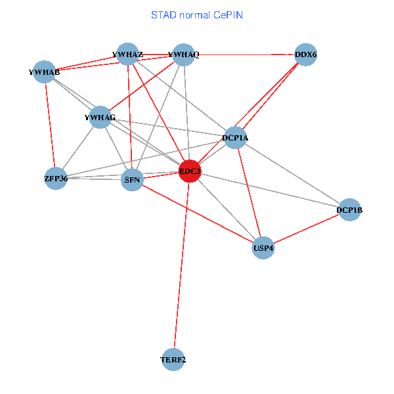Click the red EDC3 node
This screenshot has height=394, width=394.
pos(190,171)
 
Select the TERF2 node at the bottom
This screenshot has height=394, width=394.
pos(173,359)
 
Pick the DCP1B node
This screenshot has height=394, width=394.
pos(349,210)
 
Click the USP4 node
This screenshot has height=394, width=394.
pos(263,248)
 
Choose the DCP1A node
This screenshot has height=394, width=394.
pos(235,137)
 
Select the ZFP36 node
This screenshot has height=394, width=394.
pos(56,178)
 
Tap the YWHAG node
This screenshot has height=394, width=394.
pos(100,118)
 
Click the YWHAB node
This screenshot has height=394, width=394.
pos(45,72)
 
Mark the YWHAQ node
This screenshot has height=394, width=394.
pos(184,55)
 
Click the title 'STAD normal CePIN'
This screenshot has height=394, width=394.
pos(197,14)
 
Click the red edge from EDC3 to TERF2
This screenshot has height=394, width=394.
pos(181,265)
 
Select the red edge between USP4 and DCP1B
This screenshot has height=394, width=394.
pos(306,229)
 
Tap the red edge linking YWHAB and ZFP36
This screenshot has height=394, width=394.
pos(50,125)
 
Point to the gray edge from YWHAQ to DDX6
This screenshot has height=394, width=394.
pos(245,55)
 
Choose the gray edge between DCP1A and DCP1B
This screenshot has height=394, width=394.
pos(292,174)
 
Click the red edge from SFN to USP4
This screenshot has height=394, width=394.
pos(197,213)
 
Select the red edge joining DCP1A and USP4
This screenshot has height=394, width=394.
pos(249,192)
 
